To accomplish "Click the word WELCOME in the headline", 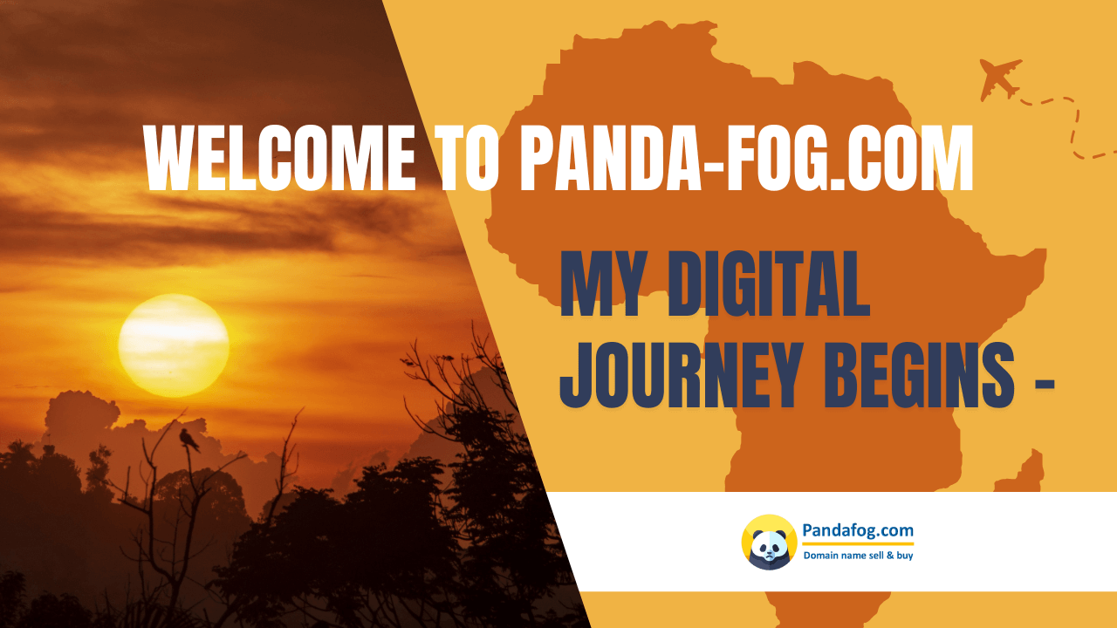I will click(x=280, y=159).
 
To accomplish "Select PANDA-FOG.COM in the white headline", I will click(x=746, y=159).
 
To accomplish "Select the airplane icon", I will click(x=1000, y=78).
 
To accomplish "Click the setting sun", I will click(x=174, y=345).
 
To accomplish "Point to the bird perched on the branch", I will click(x=188, y=438).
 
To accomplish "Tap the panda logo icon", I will click(x=769, y=542).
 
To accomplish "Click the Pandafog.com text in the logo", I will click(x=857, y=529).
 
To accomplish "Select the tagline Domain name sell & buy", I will click(x=857, y=556).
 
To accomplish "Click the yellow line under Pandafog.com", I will click(x=857, y=543).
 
